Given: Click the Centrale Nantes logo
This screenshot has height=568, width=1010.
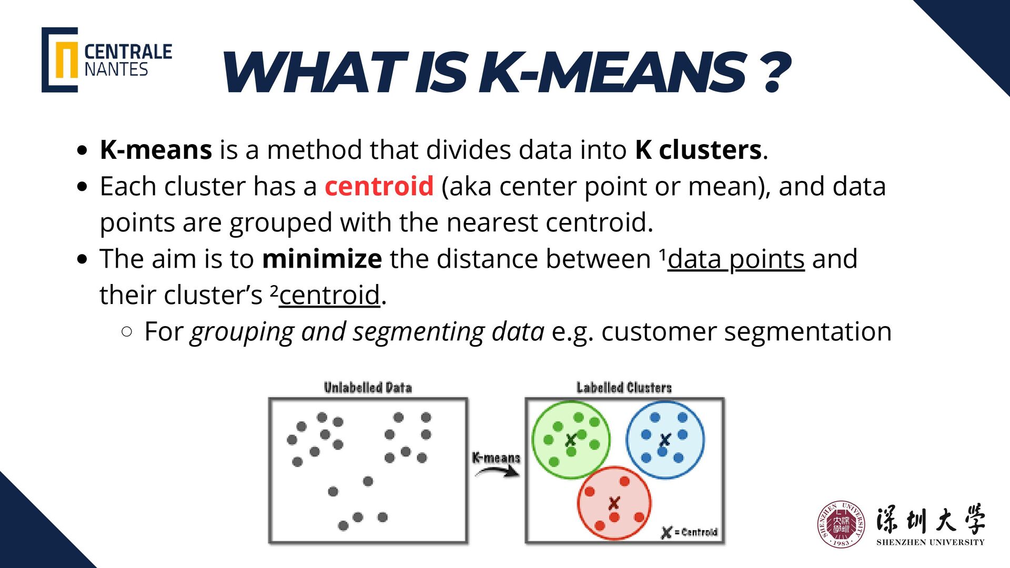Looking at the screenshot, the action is (107, 60).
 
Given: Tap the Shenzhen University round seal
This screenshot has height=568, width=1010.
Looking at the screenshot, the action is (841, 524).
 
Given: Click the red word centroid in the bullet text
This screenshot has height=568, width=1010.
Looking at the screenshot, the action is (379, 186).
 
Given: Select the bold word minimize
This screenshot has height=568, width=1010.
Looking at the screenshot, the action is (322, 259).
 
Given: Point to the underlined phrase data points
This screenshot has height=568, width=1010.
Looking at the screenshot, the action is (736, 259).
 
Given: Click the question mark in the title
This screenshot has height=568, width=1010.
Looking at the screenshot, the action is (775, 73).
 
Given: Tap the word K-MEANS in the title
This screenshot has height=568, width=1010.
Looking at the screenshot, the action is (613, 73).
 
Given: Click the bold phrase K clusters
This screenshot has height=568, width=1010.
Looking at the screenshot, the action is (698, 150).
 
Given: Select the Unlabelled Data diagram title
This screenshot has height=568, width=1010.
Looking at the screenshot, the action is (368, 388).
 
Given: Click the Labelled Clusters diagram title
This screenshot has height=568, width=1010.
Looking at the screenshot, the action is (624, 388).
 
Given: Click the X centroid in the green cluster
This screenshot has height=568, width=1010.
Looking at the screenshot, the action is (571, 440).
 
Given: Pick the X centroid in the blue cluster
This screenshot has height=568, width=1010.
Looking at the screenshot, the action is (665, 439).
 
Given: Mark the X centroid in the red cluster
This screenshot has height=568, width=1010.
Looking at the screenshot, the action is (614, 503).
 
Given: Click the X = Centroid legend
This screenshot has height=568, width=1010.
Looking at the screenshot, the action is (689, 532).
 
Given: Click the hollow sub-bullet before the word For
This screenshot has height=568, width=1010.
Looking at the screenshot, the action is (126, 331).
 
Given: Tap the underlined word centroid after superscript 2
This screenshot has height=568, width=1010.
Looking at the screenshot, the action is (329, 295).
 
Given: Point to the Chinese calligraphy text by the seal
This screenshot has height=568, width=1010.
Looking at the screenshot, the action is (930, 520).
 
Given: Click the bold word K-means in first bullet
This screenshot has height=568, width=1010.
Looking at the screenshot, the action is (156, 150).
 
